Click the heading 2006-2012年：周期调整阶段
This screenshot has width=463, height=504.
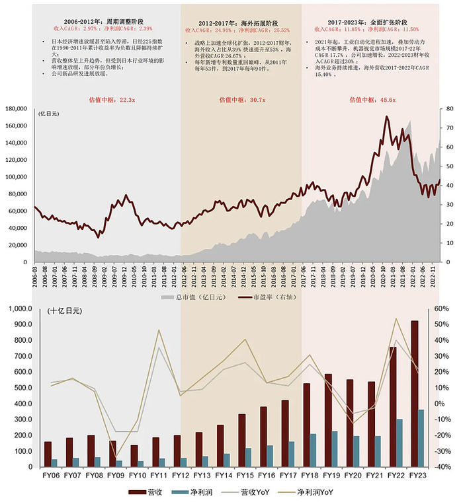pyautogui.click(x=106, y=22)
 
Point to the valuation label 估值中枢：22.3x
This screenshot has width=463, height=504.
pyautogui.click(x=112, y=100)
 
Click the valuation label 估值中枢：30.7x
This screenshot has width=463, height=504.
pyautogui.click(x=241, y=100)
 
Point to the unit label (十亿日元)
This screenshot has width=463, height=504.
pyautogui.click(x=65, y=310)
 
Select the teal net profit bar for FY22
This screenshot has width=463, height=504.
pyautogui.click(x=399, y=441)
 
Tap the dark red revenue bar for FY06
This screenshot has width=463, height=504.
pyautogui.click(x=48, y=452)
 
